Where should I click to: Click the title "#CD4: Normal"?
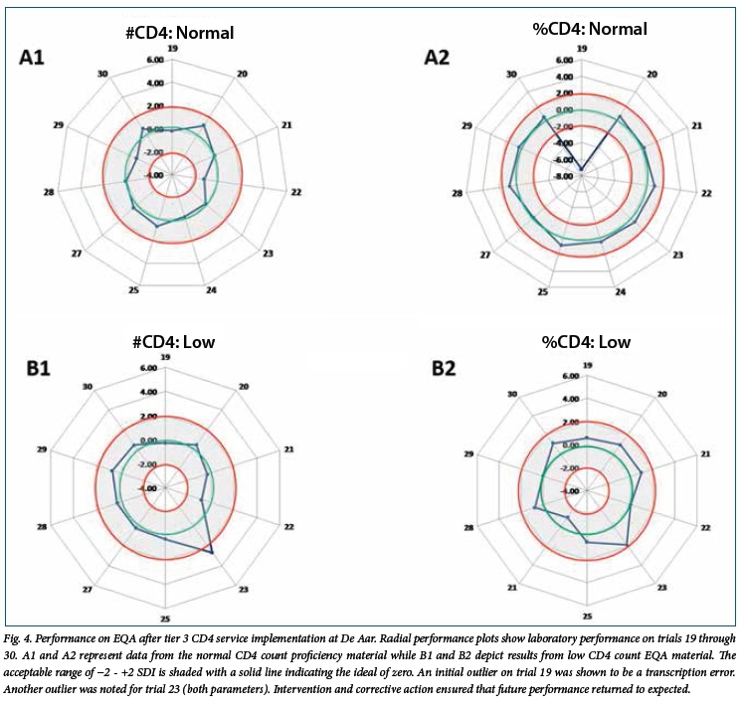pos(173,32)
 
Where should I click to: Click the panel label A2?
pos(439,59)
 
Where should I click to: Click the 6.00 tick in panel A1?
pos(153,60)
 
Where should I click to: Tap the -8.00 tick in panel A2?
pos(563,176)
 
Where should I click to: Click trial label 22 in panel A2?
pos(706,192)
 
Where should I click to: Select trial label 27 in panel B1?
pos(88,590)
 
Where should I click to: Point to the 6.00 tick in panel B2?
pos(570,377)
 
